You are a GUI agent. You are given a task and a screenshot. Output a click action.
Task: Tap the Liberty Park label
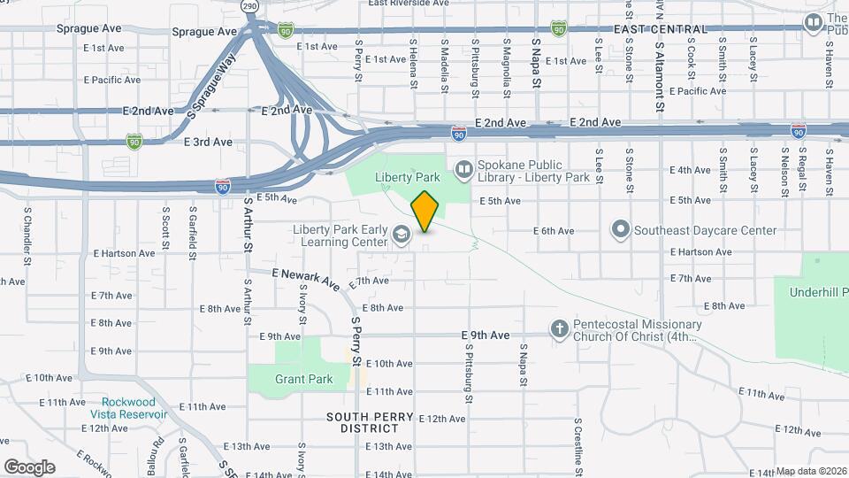point(408,178)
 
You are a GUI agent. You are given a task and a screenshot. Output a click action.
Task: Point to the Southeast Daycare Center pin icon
point(621,230)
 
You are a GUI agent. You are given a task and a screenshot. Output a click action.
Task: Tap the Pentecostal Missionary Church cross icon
point(559,329)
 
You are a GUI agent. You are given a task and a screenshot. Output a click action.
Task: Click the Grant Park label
point(303,380)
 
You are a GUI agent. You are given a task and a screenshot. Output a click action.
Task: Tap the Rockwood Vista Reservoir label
point(128,407)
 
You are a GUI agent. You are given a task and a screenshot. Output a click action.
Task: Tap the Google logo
point(29,466)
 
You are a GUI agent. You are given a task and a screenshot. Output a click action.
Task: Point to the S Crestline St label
point(577,442)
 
